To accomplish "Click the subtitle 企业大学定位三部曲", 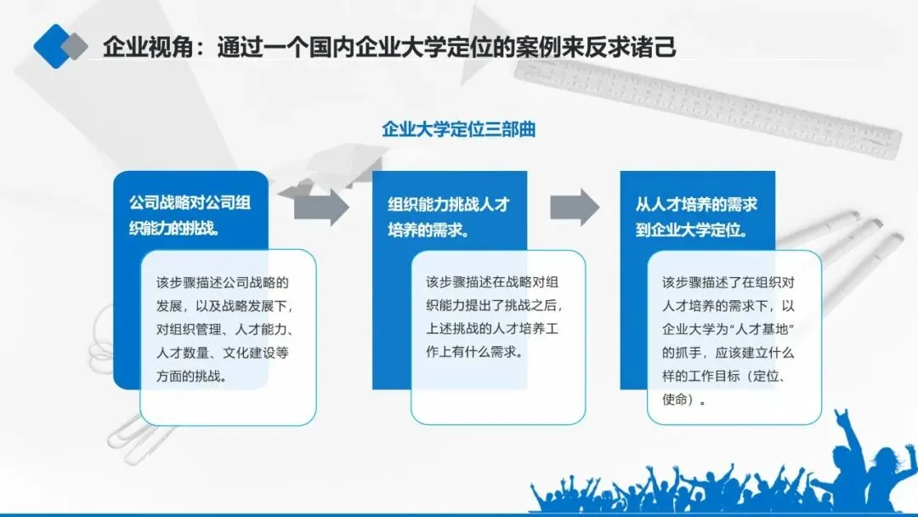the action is (x=458, y=130).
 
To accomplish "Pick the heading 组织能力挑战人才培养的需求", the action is (x=448, y=216).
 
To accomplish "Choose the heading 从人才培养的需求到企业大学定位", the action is (x=696, y=216).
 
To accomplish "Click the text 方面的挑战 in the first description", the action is (x=191, y=376).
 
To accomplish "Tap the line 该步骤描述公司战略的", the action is (x=223, y=282).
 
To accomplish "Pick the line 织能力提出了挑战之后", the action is (x=493, y=305).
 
